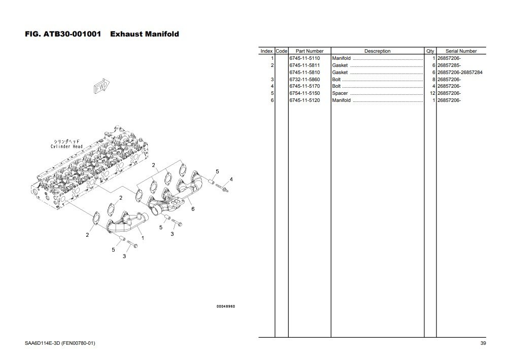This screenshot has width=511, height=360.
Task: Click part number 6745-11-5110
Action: click(304, 58)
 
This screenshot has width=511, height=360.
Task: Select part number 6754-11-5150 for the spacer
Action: click(304, 93)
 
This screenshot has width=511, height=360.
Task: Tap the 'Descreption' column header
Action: click(377, 51)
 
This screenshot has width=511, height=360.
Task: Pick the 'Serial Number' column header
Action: click(461, 51)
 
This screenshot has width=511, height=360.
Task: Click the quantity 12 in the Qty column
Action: click(432, 93)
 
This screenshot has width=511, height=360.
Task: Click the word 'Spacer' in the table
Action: click(339, 93)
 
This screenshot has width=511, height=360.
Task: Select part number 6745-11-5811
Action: click(304, 65)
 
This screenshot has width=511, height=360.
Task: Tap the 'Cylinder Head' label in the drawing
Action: click(66, 147)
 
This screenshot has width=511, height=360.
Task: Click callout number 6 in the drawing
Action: click(193, 209)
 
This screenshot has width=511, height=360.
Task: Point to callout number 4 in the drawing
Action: click(231, 179)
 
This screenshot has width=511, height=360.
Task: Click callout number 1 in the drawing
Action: click(143, 237)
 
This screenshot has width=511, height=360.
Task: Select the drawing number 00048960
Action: click(225, 306)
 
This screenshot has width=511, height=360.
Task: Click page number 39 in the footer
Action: click(483, 344)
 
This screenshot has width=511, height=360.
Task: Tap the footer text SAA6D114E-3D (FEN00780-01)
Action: click(59, 344)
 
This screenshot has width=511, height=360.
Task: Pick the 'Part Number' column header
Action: click(310, 51)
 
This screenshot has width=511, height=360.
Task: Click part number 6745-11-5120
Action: click(304, 100)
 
